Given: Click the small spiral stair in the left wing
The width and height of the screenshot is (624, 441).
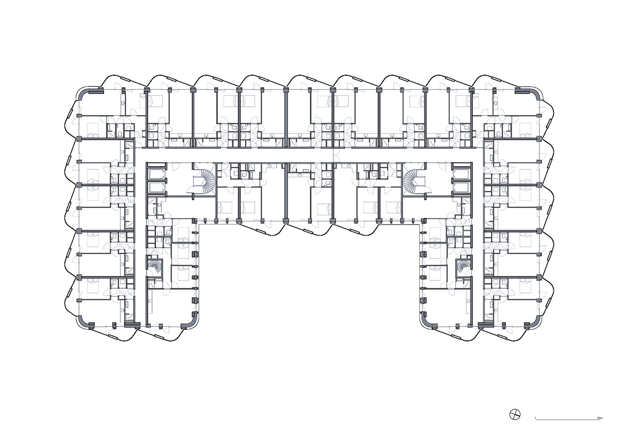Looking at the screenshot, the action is click(154, 266).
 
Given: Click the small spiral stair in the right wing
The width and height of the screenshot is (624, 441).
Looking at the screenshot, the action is click(464, 266).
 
